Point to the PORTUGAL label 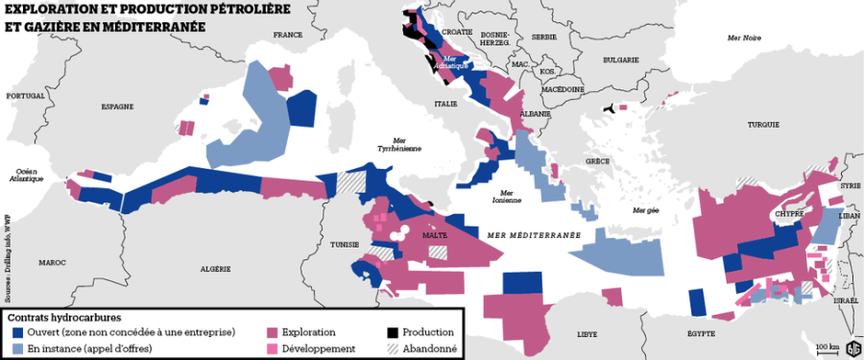coord(25,96)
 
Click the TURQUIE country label coord(764,125)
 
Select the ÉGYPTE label coord(701,333)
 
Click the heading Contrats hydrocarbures coord(64,316)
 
